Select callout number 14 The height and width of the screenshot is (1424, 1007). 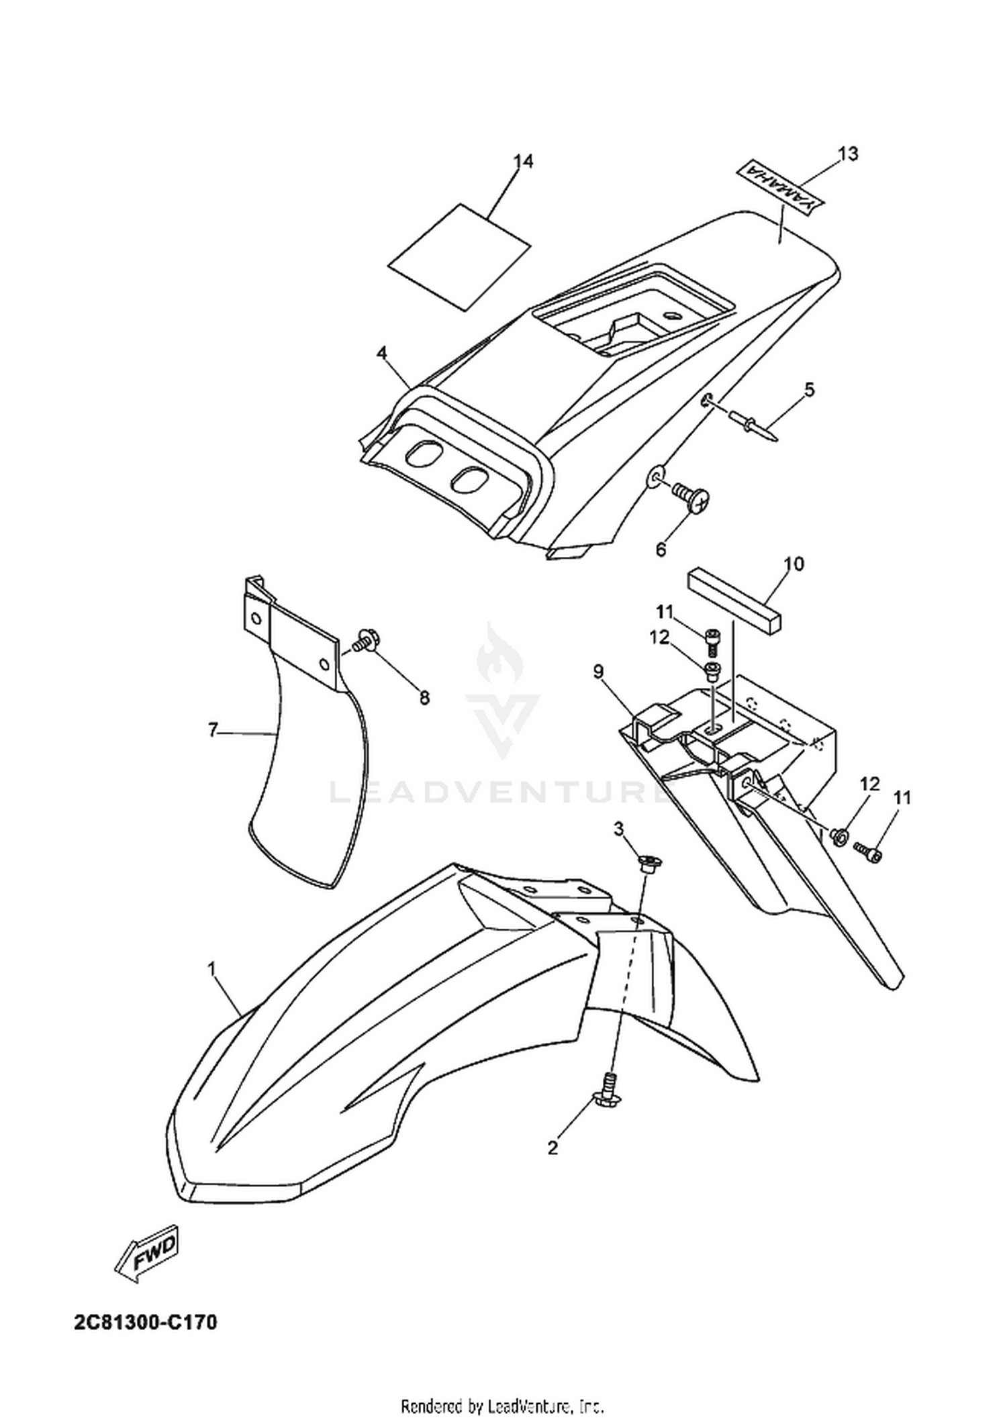[523, 162]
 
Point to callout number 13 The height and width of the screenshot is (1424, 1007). [848, 154]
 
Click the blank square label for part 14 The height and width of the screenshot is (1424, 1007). [460, 256]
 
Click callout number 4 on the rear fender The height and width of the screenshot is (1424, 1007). [381, 354]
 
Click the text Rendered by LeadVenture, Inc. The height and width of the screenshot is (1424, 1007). [503, 1404]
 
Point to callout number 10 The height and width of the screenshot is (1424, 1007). [793, 564]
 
